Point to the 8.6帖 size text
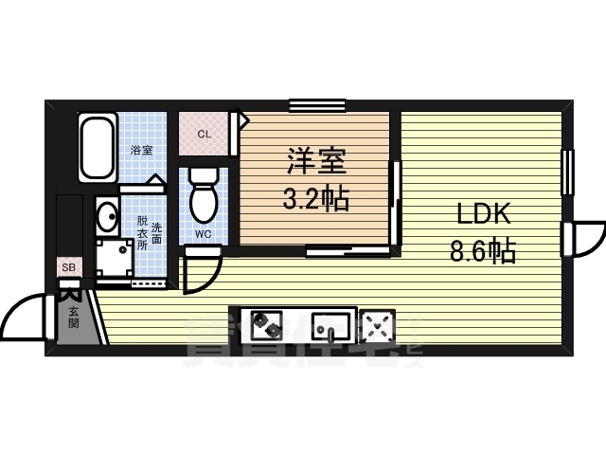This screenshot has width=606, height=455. [x=482, y=251]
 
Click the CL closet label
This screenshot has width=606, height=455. [x=204, y=134]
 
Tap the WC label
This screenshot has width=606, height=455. [x=203, y=233]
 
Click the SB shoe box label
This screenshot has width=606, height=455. [x=69, y=268]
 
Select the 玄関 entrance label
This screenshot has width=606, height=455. [x=73, y=317]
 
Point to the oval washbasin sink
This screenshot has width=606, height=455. [x=106, y=216]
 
